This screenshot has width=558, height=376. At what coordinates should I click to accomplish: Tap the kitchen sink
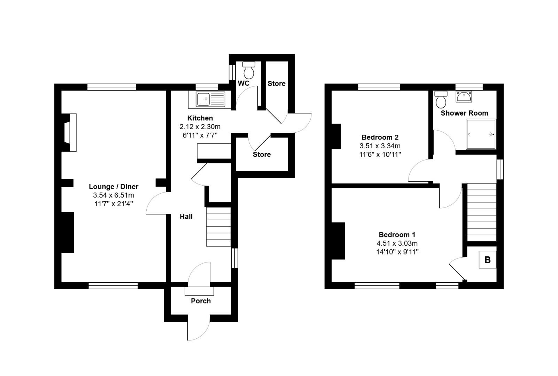point(207,99)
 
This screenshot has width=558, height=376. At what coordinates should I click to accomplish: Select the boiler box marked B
point(487,260)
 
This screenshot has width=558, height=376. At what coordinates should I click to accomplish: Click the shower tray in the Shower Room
point(481,134)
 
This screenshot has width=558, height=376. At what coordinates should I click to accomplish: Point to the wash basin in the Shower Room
point(464,96)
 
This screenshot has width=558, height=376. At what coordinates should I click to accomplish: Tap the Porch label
point(201,301)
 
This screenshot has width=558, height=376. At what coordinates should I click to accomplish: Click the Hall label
point(186,217)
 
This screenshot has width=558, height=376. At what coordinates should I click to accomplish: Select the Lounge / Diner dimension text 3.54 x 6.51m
point(114,195)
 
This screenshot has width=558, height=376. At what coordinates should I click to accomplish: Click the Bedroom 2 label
point(380,137)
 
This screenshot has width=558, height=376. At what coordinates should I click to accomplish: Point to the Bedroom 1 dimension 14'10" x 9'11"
point(397,252)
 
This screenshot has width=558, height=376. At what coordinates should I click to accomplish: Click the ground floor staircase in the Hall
point(218,227)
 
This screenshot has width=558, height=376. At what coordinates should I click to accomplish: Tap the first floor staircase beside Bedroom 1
point(481,212)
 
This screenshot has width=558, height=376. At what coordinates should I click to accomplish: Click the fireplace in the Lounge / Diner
point(71,132)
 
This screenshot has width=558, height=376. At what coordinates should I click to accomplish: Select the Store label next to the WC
point(276,84)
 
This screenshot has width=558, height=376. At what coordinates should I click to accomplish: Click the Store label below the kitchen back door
point(262,154)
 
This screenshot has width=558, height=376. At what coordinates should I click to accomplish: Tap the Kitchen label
point(200,118)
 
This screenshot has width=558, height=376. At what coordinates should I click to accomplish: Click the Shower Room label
point(464,113)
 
